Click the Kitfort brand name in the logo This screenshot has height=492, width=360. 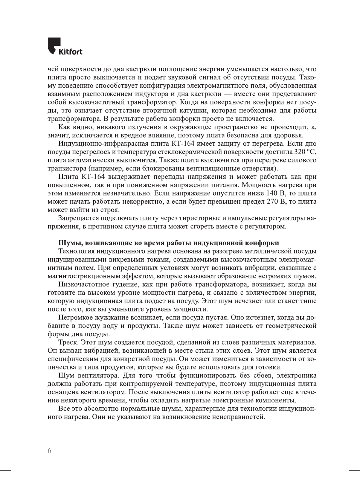[x=70, y=52]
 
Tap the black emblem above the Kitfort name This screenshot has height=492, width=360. [x=53, y=45]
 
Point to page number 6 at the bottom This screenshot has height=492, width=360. [x=49, y=451]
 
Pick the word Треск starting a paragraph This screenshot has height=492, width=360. [x=68, y=342]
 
